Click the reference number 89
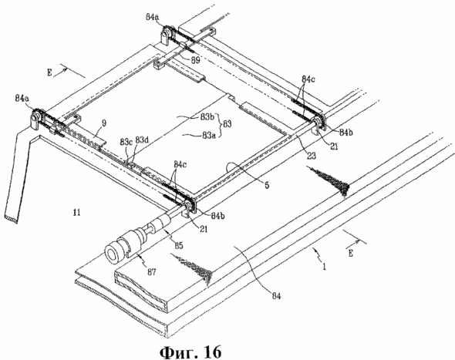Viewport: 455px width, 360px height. [x=195, y=60]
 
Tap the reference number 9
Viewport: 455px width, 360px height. [x=104, y=123]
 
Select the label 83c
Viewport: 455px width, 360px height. [x=126, y=142]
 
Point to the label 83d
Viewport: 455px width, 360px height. [x=142, y=140]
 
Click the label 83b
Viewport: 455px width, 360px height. [x=207, y=117]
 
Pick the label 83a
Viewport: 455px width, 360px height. [x=210, y=135]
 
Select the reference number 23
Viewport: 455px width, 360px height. [x=311, y=156]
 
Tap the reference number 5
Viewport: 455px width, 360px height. [x=267, y=184]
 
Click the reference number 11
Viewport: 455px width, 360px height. [x=76, y=213]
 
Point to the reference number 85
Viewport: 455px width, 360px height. [x=179, y=245]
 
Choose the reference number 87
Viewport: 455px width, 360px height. [x=151, y=272]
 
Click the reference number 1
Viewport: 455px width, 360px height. [x=325, y=266]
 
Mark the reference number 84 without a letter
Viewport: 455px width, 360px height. [x=276, y=296]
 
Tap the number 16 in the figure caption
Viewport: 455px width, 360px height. [x=211, y=352]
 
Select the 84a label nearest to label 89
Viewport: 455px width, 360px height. [x=153, y=17]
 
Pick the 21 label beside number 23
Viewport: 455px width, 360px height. [x=334, y=146]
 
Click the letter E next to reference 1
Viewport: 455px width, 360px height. [x=351, y=253]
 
